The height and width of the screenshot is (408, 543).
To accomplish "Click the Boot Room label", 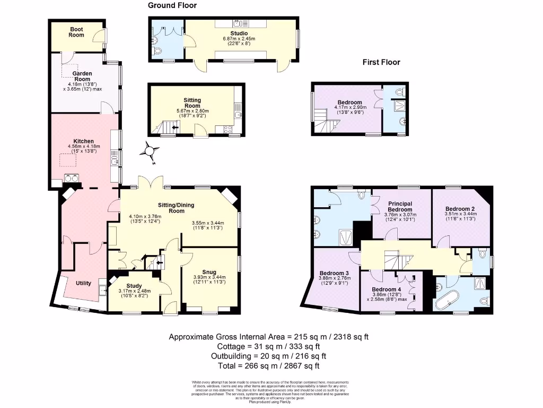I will coord(76,32).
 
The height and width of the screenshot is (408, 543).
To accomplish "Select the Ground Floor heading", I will coord(172,5).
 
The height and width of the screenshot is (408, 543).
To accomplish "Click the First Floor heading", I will coord(381,62).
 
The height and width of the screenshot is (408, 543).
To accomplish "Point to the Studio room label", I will coord(239,33).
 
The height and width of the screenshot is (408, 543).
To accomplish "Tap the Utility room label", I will coord(83,283).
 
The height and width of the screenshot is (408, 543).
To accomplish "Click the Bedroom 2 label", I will coord(460,209).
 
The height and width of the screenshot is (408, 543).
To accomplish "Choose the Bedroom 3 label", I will coord(334,273).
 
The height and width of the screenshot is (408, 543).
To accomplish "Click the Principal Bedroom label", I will coord(400,207).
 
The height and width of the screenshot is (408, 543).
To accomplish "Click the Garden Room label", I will coord(82,76).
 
